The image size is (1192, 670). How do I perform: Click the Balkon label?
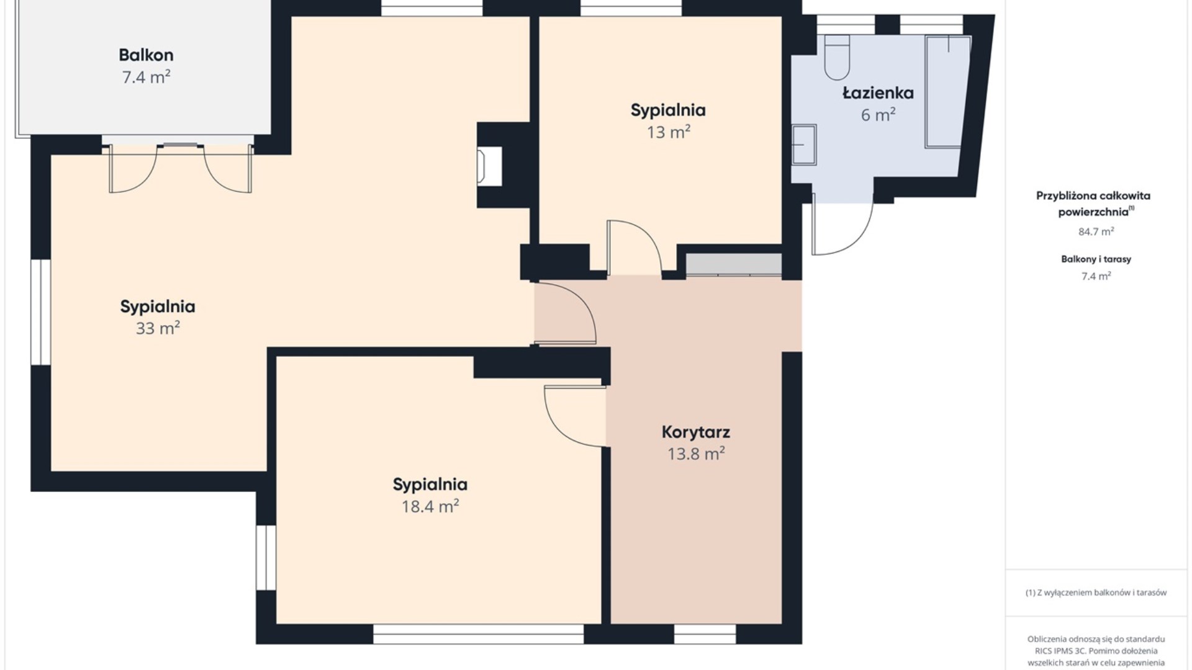(146, 55)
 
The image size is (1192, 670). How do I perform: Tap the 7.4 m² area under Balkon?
(146, 78)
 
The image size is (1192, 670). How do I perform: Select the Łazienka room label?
(878, 93)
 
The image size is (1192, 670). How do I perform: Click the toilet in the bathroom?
(837, 57)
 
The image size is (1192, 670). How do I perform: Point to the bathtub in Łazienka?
(947, 92)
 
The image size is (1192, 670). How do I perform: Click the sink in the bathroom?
(804, 145)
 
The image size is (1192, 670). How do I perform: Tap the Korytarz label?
(695, 432)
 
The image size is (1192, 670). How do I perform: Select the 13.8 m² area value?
(696, 454)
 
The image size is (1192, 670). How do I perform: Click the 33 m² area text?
(158, 328)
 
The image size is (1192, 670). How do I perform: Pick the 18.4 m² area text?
(430, 506)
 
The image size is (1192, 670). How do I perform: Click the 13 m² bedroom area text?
(669, 132)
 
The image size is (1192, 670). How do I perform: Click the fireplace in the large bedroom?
(489, 166)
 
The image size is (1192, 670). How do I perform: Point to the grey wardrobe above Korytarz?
(733, 264)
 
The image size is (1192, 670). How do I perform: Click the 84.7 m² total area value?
(1096, 231)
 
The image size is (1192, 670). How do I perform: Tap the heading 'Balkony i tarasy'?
(1096, 259)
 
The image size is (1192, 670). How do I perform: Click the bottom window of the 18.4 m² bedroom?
(478, 634)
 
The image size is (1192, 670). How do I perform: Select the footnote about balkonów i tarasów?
(1096, 592)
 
